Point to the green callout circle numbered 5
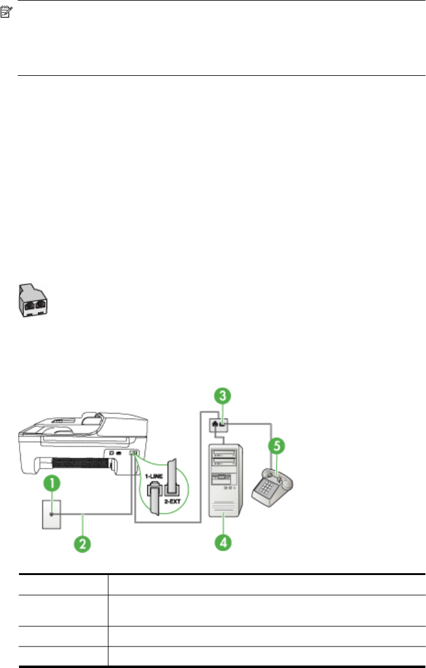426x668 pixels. tap(277, 445)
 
